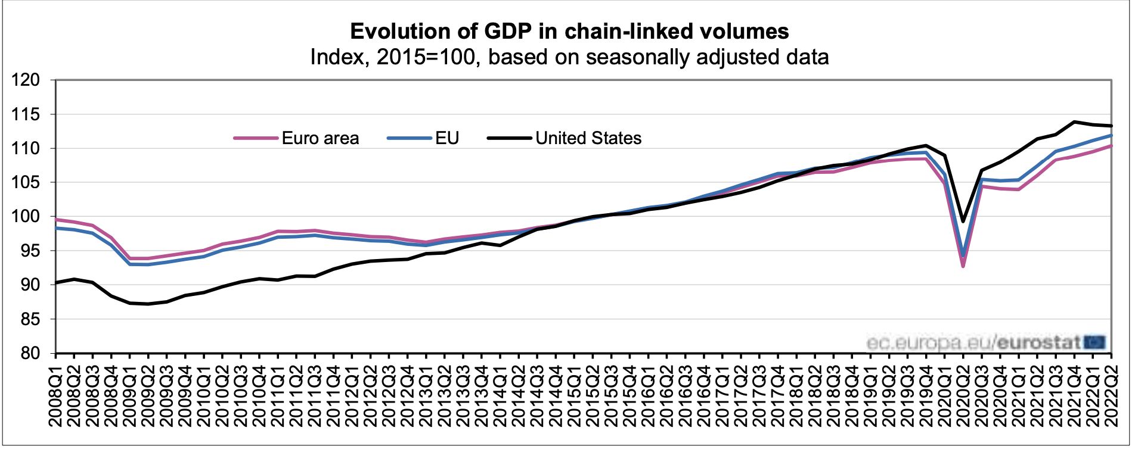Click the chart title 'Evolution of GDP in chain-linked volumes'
coord(569,31)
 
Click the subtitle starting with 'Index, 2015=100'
coord(569,57)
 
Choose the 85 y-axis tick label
coord(30,319)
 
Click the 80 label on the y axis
coord(30,353)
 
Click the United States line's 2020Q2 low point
coord(963,222)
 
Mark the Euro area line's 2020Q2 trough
coord(963,266)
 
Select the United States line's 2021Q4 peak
coord(1074,122)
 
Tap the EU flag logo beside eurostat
coord(1094,342)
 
